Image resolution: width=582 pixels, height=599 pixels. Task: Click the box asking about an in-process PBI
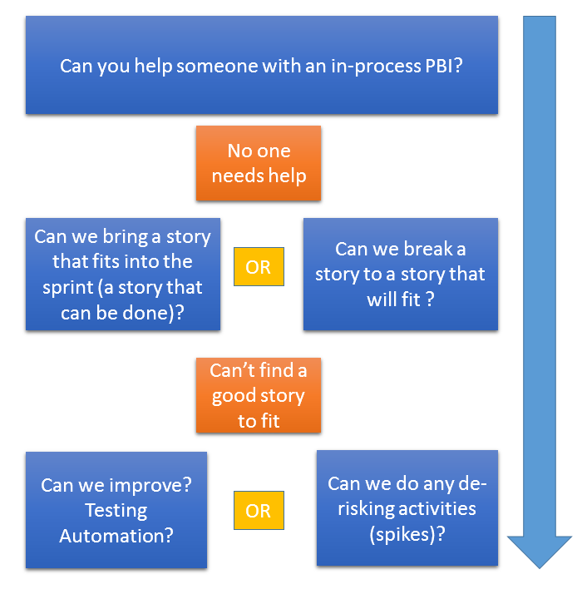pyautogui.click(x=262, y=65)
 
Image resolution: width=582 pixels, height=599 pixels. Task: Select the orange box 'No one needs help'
pyautogui.click(x=259, y=163)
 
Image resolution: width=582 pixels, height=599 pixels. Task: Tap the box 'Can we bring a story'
pyautogui.click(x=122, y=274)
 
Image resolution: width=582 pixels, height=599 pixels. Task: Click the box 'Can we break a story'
pyautogui.click(x=400, y=274)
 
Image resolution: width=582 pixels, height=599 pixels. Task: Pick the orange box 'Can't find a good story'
pyautogui.click(x=259, y=395)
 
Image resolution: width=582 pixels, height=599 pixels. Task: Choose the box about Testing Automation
pyautogui.click(x=116, y=510)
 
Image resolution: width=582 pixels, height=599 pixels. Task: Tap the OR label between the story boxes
pyautogui.click(x=259, y=267)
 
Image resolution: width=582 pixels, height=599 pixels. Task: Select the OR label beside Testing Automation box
pyautogui.click(x=259, y=510)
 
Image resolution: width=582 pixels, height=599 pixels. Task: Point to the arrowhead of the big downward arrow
pyautogui.click(x=540, y=549)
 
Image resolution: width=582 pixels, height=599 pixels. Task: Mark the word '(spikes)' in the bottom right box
pyautogui.click(x=407, y=534)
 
